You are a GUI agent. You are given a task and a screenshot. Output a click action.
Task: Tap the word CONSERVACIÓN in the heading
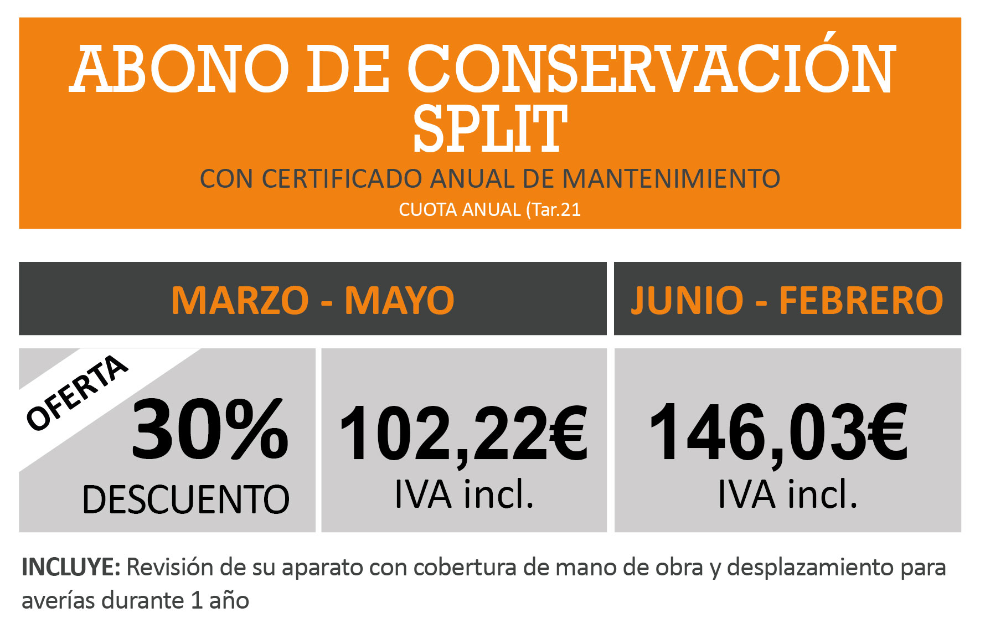(x=651, y=69)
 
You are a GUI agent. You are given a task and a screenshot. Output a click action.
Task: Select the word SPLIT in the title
(x=490, y=129)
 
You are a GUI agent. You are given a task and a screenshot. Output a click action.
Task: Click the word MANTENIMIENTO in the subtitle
(x=671, y=179)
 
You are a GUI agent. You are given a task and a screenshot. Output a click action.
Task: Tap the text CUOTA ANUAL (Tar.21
(x=490, y=210)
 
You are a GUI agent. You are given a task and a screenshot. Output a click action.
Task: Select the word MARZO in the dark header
(x=240, y=301)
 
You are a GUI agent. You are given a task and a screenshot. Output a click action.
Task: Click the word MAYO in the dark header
(x=399, y=301)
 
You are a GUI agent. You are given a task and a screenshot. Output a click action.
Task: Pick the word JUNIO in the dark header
(x=687, y=301)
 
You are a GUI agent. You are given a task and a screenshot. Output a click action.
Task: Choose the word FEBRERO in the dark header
(x=861, y=301)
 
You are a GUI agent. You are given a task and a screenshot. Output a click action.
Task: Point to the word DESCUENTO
(x=186, y=499)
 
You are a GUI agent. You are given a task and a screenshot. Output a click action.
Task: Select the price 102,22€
(x=463, y=434)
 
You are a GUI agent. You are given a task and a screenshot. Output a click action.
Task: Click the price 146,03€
(x=778, y=432)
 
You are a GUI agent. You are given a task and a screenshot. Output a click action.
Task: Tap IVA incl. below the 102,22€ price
(x=464, y=494)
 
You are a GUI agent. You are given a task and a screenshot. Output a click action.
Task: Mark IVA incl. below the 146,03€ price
(x=787, y=494)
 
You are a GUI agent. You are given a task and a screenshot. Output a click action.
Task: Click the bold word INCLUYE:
(x=71, y=568)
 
